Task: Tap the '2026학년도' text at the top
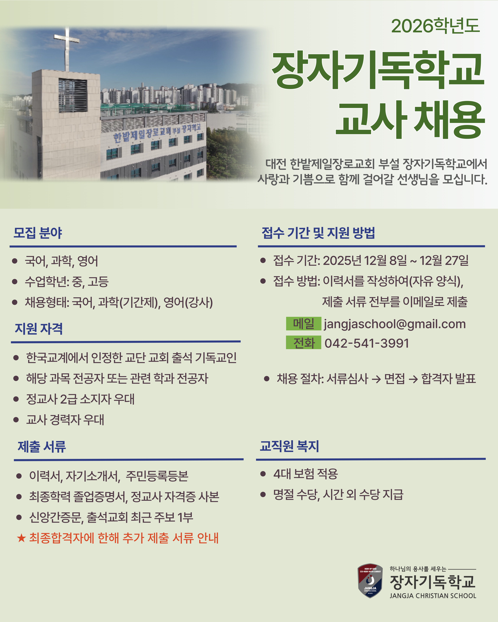[x=435, y=26]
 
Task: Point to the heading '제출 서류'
[x=42, y=446]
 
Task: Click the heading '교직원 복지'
[x=289, y=446]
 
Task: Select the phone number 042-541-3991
[x=367, y=343]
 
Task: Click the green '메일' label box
[x=304, y=323]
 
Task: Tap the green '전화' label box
[x=304, y=342]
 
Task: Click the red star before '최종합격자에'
[x=21, y=538]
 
